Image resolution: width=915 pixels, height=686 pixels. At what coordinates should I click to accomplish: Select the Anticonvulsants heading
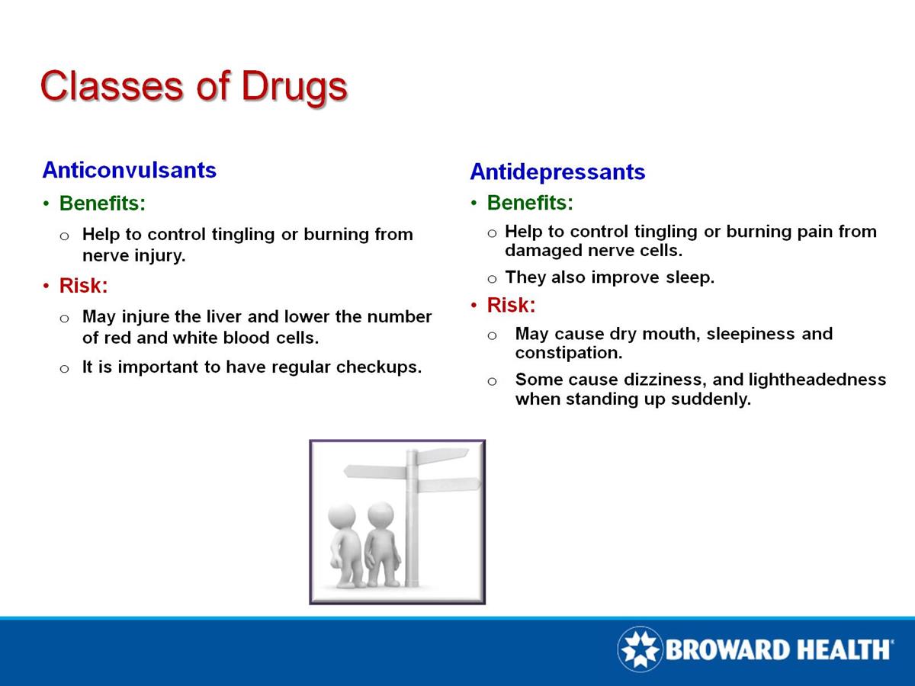(130, 170)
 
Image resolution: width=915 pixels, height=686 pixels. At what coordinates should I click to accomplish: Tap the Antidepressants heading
(557, 172)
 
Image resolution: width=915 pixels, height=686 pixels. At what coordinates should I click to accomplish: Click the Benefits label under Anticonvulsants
(102, 204)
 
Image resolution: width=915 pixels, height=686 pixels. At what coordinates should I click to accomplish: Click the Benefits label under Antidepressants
(530, 204)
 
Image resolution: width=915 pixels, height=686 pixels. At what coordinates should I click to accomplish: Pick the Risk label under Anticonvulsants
(83, 287)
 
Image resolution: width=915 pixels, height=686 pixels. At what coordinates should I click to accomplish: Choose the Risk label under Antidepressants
(511, 306)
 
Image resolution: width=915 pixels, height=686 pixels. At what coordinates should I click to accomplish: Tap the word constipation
(567, 354)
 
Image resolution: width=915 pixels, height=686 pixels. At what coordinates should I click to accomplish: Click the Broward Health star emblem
(640, 649)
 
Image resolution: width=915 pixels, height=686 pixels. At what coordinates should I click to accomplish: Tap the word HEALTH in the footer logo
(842, 649)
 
